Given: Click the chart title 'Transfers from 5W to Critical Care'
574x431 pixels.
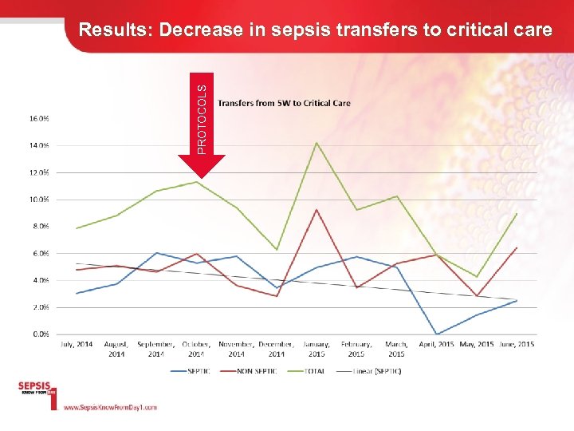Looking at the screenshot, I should point(284,103).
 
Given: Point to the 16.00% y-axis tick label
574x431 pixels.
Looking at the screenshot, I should point(39,118).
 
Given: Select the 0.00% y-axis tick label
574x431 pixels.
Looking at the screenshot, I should point(40,334).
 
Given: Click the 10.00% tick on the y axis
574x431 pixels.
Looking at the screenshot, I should point(39,200).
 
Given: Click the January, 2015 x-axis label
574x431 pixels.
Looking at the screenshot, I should point(316,349).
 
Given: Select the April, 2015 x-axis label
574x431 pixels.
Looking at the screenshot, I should point(436,344).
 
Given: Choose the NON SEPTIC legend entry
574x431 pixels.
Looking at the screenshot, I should point(256,370).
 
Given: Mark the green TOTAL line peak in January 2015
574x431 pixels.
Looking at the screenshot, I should point(316,143).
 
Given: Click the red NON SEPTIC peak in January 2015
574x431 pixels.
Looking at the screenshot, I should point(316,210).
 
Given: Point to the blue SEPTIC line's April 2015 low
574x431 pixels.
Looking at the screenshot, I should point(436,334).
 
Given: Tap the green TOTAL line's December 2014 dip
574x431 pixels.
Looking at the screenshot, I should point(277,250).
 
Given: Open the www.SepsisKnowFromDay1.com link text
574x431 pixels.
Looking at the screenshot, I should point(110,407).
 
